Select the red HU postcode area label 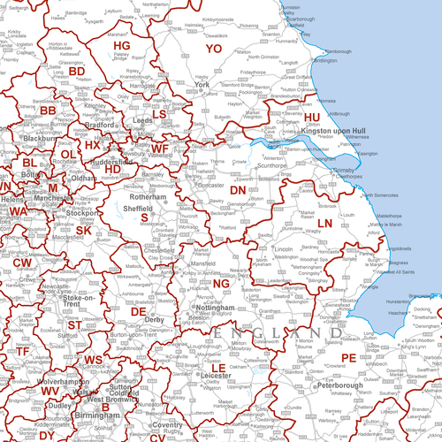(x=312, y=116)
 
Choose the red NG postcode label (x=222, y=282)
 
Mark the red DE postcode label (x=138, y=311)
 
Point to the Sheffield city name (x=137, y=207)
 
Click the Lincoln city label (x=284, y=251)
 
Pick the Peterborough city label (x=312, y=386)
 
